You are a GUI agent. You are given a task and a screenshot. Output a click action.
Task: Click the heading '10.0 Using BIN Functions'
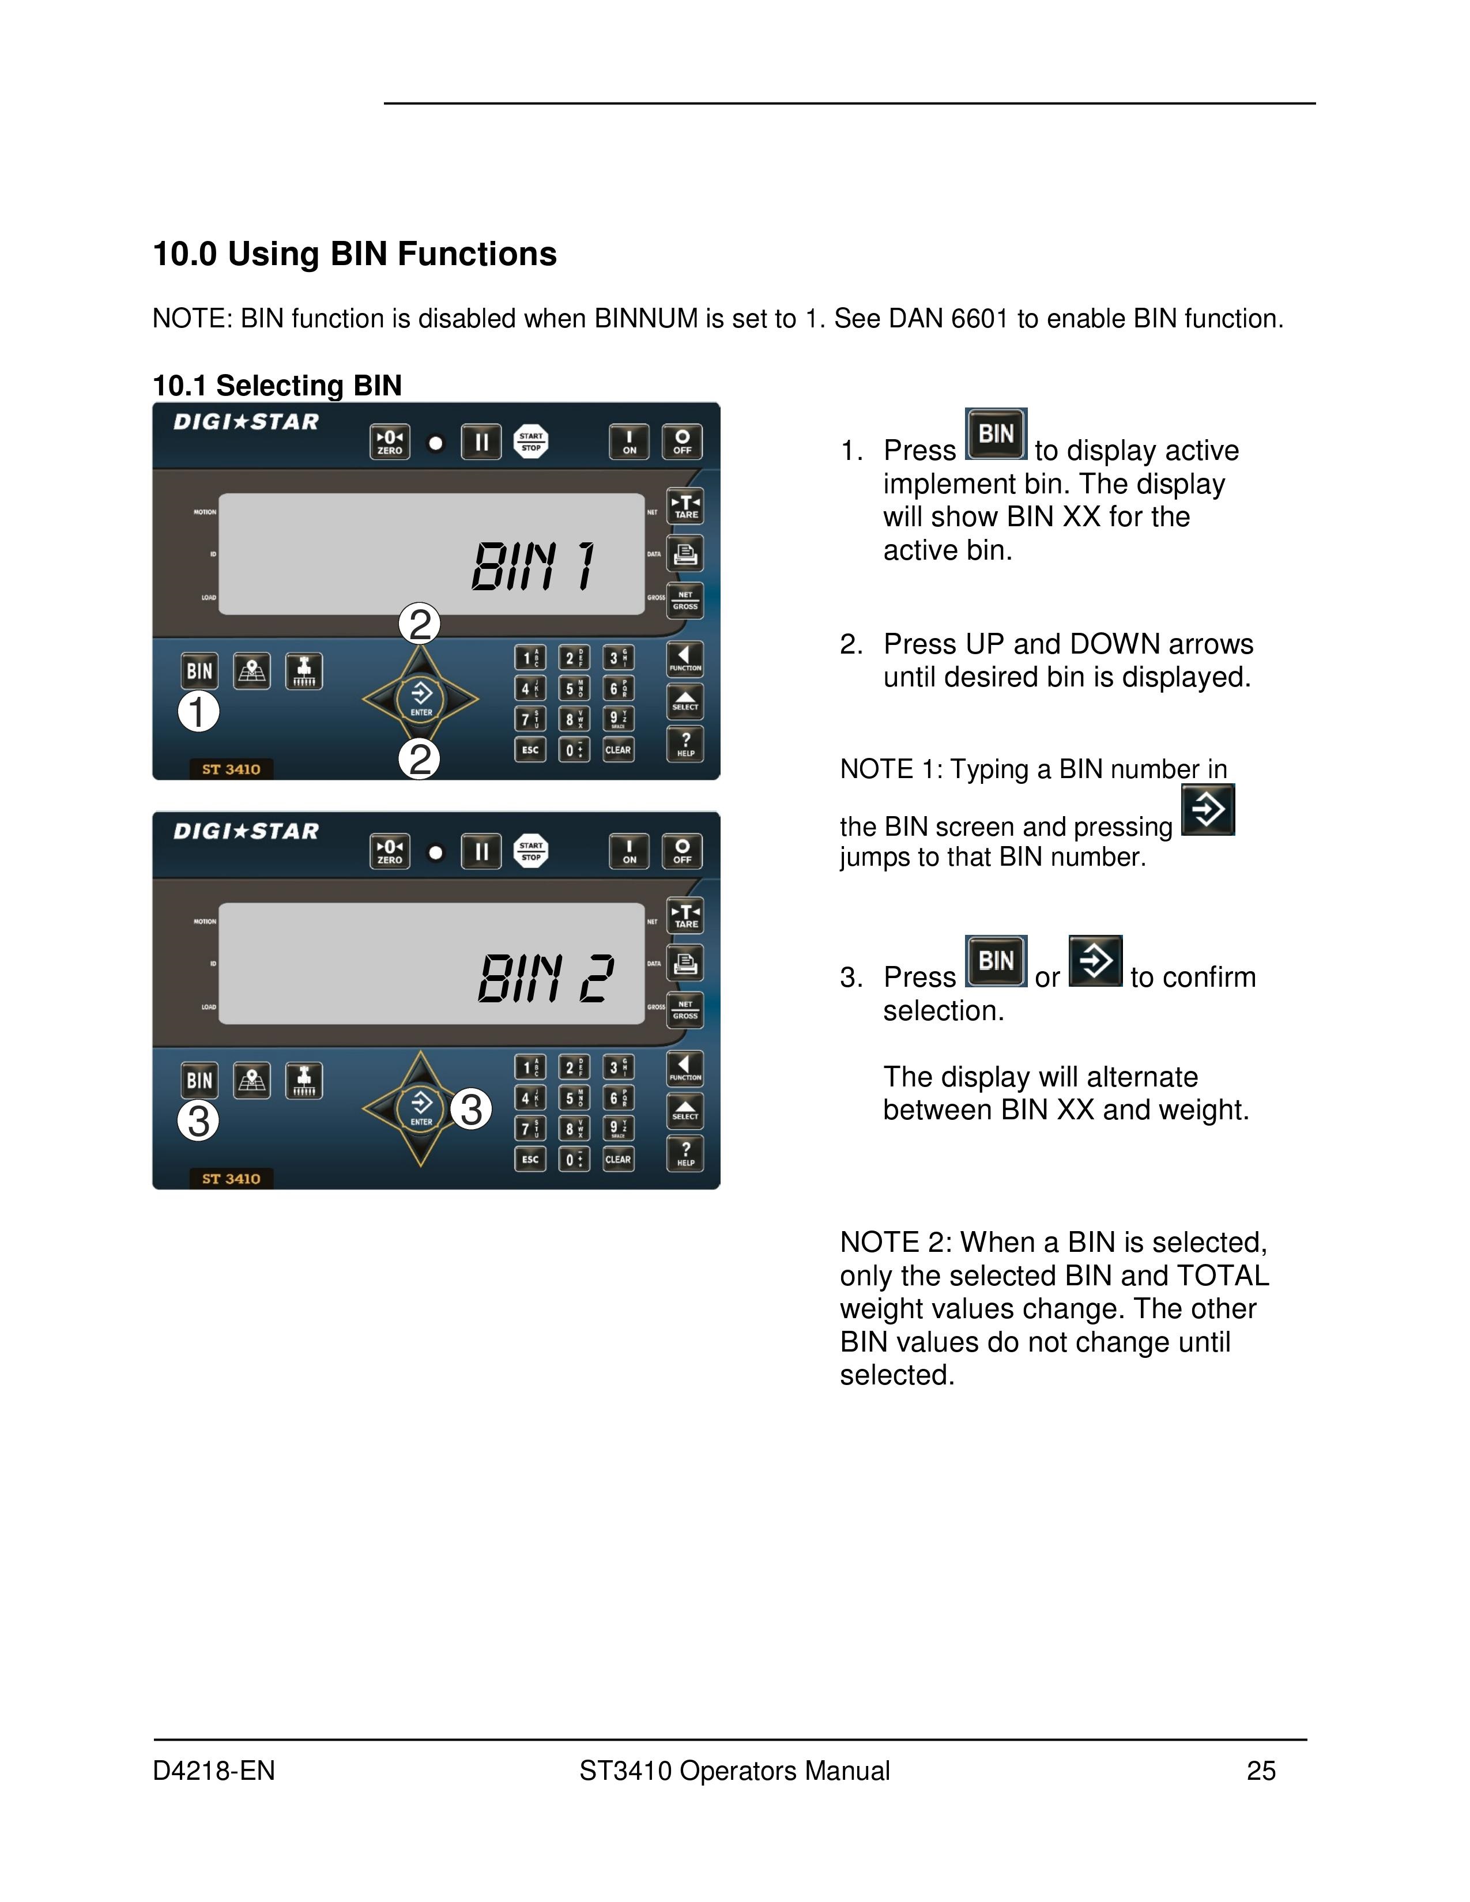pos(355,254)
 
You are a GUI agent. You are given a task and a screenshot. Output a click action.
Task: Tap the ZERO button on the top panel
pos(389,441)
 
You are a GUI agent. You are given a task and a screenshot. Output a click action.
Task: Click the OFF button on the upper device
pos(682,441)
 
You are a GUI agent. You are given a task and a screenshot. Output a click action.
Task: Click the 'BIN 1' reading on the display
pos(533,566)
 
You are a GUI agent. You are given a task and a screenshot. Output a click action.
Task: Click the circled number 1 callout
pos(198,711)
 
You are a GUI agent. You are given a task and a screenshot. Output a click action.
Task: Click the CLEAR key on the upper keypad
pos(617,749)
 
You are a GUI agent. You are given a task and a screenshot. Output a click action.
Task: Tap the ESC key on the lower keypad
pos(529,1159)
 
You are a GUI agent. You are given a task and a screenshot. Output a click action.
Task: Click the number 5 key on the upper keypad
pos(572,689)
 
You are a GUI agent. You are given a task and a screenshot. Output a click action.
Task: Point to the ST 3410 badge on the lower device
pos(231,1178)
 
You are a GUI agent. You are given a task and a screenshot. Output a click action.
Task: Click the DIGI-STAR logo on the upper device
pos(247,422)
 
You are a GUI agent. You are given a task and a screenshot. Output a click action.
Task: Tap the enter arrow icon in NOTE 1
pos(1208,810)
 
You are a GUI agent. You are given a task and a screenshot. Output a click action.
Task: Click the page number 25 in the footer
pos(1261,1771)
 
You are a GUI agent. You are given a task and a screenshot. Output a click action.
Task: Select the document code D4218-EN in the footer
pos(214,1771)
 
